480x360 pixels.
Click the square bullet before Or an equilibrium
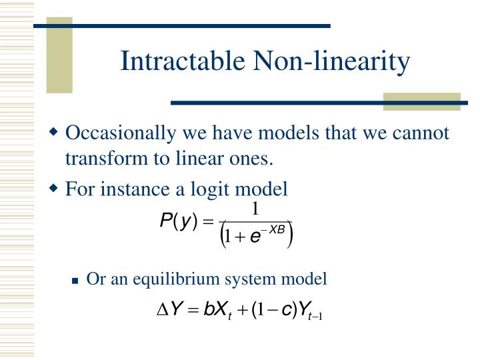(76, 279)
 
